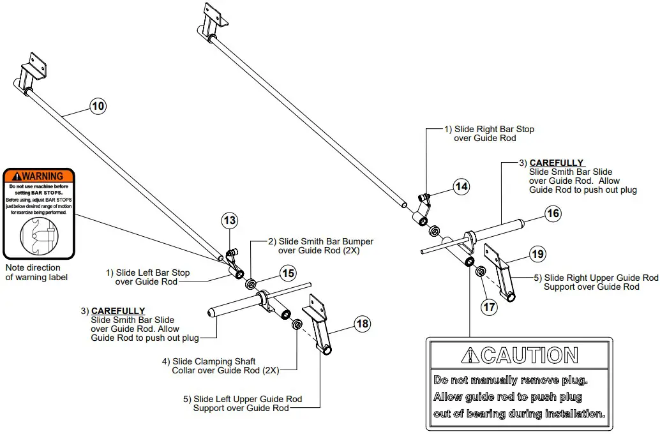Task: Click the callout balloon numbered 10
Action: point(98,106)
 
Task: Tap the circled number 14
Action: point(461,186)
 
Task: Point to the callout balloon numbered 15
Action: point(289,273)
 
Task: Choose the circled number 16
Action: point(553,213)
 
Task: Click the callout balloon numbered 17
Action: point(490,307)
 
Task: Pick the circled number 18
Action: point(363,324)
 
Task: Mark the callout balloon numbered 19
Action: point(538,255)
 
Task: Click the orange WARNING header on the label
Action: point(39,176)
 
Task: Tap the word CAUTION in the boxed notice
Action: point(530,355)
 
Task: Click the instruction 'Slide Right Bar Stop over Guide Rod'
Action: point(489,133)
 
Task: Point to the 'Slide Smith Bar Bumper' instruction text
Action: point(320,246)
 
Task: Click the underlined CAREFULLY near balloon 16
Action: point(557,163)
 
